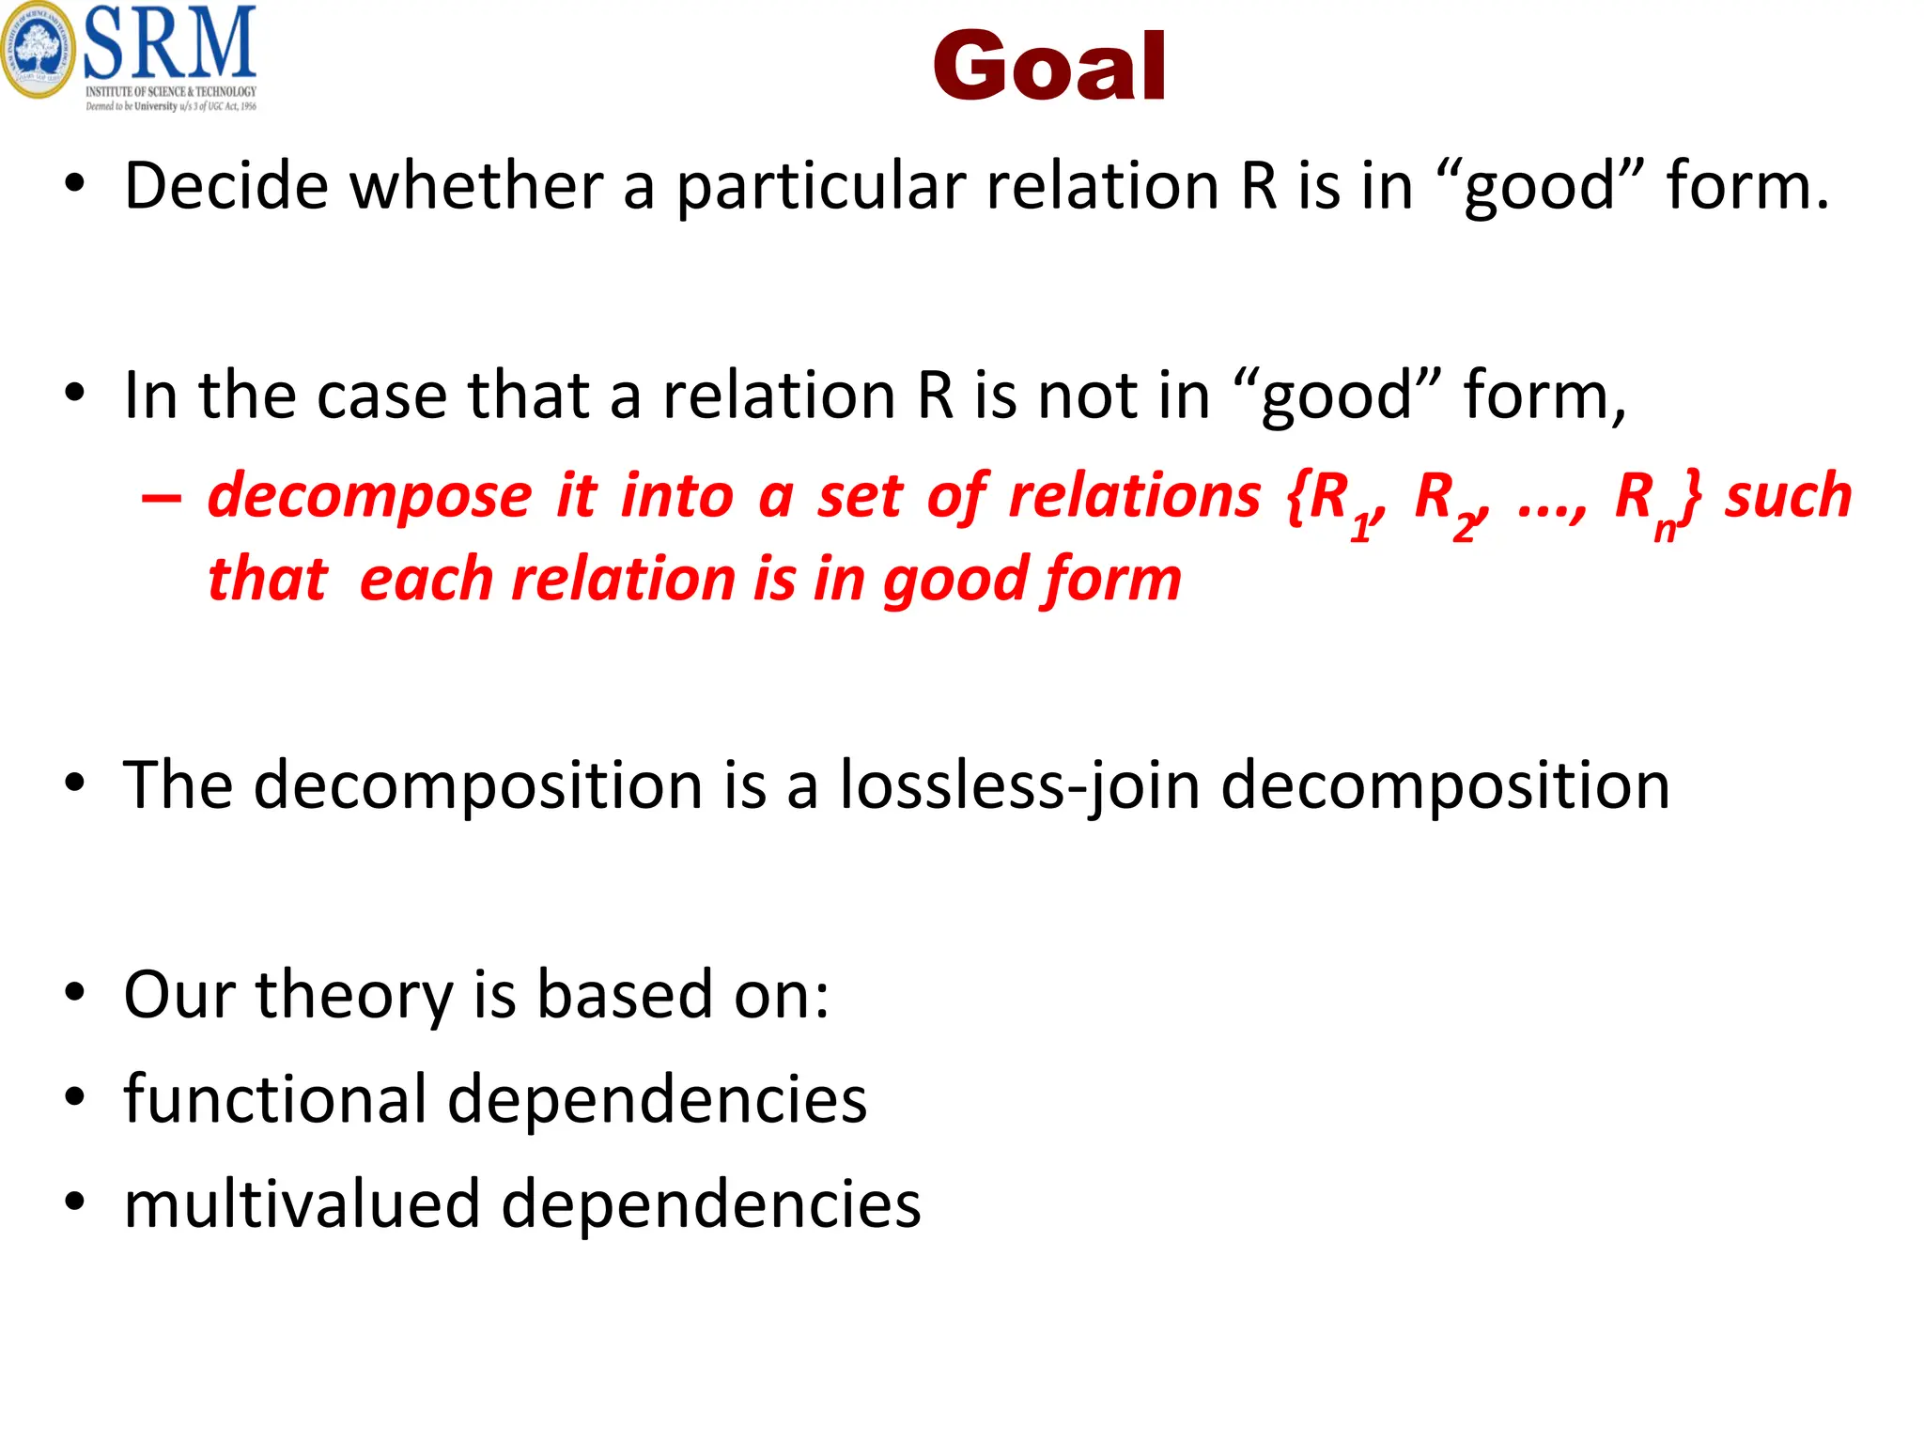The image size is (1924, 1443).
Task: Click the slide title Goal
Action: tap(1049, 66)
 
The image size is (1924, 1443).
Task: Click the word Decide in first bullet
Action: tap(225, 186)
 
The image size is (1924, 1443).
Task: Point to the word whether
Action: tap(476, 186)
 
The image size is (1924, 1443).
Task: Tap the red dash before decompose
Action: tap(161, 497)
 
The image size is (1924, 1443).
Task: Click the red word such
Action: tap(1788, 496)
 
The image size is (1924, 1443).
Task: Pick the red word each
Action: tap(423, 579)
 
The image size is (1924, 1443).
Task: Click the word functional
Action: tap(275, 1099)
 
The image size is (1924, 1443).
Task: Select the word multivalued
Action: tap(302, 1204)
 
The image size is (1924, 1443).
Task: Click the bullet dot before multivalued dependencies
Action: tap(75, 1202)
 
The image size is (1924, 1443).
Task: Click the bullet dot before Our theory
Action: tap(75, 993)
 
